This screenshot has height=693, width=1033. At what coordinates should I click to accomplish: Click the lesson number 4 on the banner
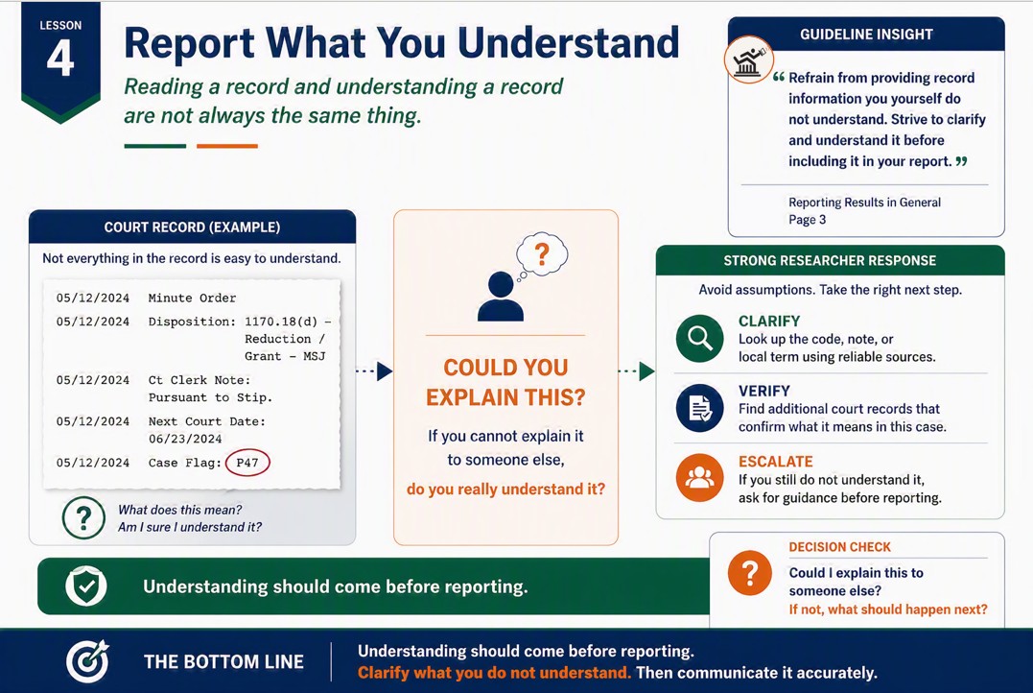[60, 58]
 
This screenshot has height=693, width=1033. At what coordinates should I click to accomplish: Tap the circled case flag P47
[247, 463]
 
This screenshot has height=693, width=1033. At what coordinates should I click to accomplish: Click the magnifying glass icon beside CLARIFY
[699, 338]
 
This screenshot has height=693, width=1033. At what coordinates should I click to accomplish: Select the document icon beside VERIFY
[699, 408]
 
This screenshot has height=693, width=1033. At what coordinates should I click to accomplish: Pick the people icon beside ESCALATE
[699, 478]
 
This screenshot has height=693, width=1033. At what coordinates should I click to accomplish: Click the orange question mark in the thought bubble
[542, 253]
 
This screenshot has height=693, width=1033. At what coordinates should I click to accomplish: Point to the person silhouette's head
[501, 285]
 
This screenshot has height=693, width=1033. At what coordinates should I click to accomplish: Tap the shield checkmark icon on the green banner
[86, 586]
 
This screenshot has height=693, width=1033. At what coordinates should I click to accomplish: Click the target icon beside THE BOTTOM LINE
[87, 661]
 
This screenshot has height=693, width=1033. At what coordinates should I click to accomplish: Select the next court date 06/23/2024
[185, 439]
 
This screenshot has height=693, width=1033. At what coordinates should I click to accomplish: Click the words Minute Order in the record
[192, 299]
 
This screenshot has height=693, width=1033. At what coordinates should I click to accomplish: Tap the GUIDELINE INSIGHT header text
[866, 35]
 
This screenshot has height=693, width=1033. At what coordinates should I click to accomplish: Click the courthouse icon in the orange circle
[749, 60]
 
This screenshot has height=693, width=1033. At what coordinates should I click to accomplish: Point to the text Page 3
[807, 220]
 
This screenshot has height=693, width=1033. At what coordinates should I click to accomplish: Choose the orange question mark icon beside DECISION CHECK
[750, 572]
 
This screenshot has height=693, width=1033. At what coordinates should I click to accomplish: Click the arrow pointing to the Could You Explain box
[374, 371]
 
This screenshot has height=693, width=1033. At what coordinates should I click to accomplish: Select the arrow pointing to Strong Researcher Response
[637, 371]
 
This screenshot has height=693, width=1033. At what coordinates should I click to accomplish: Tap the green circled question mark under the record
[83, 518]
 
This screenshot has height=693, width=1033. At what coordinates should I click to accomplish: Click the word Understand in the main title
[568, 43]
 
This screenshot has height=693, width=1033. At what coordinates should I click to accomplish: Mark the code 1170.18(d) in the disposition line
[281, 322]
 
